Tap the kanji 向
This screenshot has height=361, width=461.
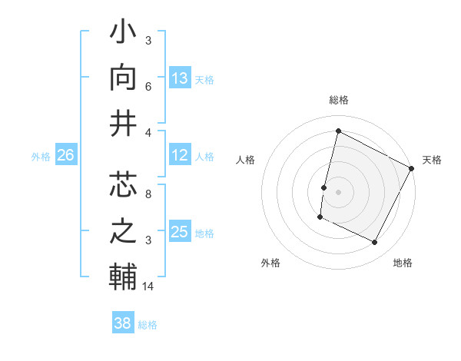coord(124,79)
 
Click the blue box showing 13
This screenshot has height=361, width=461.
coord(180,78)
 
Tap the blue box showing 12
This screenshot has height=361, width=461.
coord(180,156)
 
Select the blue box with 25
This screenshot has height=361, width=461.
coord(180,232)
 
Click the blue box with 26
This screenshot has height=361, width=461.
coord(65,156)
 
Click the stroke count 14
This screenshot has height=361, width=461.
coord(148,286)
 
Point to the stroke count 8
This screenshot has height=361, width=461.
coord(148,195)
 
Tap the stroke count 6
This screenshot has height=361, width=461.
coord(148,88)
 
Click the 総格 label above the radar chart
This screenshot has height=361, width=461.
coord(339,100)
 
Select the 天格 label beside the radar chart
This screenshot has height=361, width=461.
coord(432,160)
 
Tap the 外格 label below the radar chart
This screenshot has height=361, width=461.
coord(270,263)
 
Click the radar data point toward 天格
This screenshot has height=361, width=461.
coord(412,168)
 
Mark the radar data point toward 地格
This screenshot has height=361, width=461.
coord(375,243)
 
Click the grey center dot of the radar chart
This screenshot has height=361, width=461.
coord(338,192)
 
